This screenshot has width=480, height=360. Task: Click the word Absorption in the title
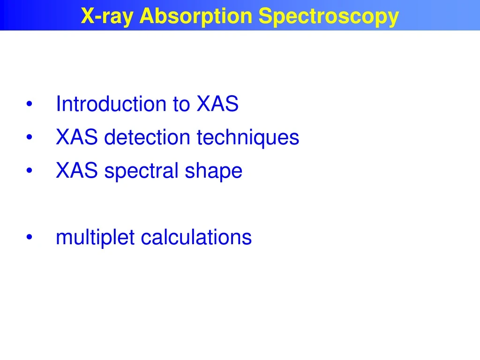196,16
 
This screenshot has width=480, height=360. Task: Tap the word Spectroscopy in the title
329,16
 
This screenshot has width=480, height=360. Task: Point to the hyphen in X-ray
97,17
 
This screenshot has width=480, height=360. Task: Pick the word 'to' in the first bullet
181,105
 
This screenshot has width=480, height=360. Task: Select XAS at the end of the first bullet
217,104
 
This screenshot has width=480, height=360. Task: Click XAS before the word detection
77,138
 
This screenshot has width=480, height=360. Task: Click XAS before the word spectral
77,171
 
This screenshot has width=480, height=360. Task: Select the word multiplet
96,238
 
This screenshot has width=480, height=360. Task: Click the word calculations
196,237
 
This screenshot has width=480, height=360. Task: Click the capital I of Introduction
58,104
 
